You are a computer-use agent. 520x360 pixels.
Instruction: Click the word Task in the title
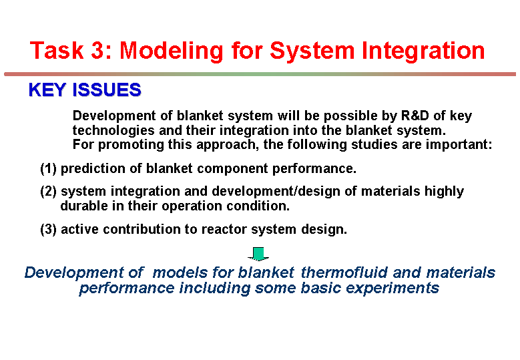(x=56, y=51)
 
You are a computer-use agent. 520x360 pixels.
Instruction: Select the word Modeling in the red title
(x=172, y=51)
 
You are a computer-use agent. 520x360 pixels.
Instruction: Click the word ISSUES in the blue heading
(x=107, y=90)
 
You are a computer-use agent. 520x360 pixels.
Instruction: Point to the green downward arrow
(x=258, y=254)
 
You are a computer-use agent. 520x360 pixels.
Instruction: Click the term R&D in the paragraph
(x=415, y=116)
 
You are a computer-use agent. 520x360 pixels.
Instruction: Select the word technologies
(x=113, y=130)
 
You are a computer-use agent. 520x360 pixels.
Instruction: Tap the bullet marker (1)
(x=49, y=168)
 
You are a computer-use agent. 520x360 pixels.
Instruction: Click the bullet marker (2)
(x=49, y=192)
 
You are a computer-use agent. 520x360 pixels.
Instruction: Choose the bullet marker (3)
(x=49, y=229)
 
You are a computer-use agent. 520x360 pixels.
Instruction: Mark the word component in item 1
(x=232, y=169)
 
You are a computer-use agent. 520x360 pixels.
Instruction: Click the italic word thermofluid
(x=344, y=273)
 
